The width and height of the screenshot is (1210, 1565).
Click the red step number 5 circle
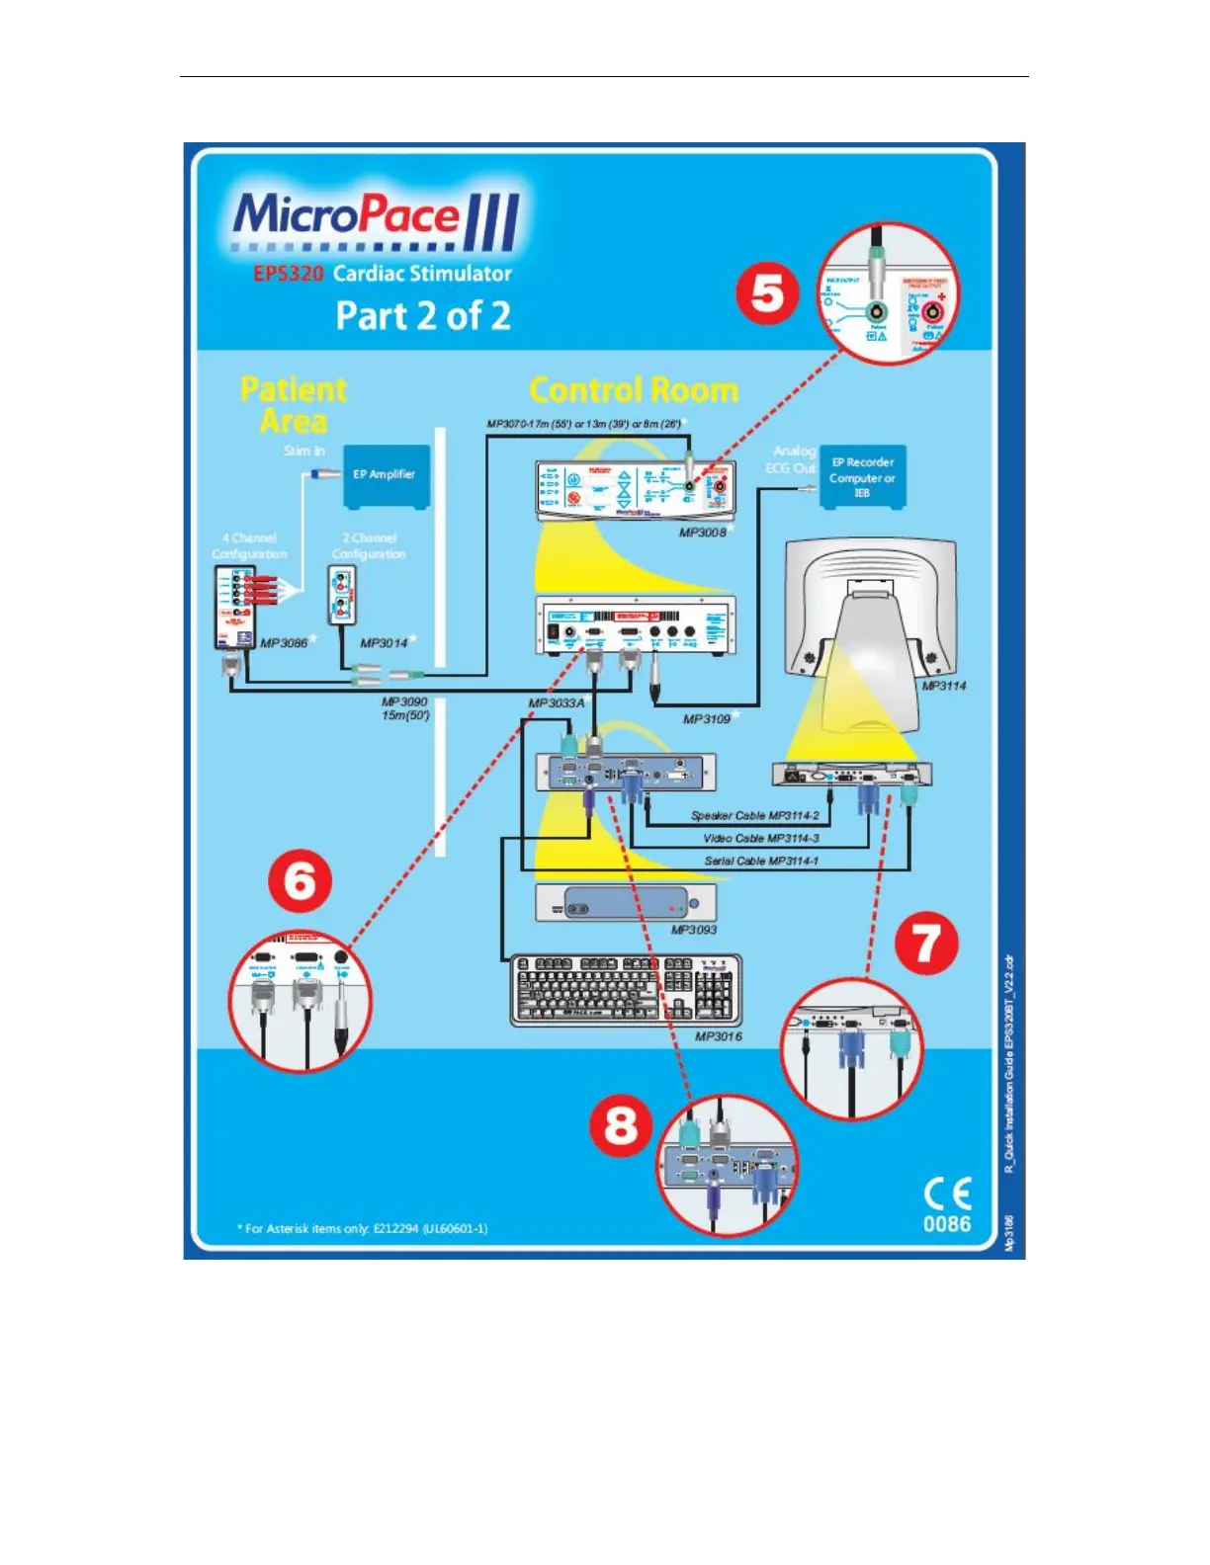click(x=767, y=294)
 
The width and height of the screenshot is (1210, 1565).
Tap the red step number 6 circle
click(x=300, y=880)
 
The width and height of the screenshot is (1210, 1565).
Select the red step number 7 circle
click(x=925, y=944)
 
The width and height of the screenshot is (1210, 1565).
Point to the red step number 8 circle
click(x=621, y=1125)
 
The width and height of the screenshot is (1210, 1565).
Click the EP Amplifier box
click(x=386, y=475)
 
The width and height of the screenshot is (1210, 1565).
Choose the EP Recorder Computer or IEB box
click(x=862, y=477)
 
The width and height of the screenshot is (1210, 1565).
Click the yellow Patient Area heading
click(x=294, y=405)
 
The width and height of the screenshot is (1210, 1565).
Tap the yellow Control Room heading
click(x=634, y=390)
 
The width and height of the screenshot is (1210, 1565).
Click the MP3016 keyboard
click(x=625, y=990)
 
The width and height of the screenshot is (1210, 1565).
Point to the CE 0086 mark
click(x=947, y=1205)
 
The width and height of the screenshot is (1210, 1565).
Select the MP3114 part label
click(x=944, y=686)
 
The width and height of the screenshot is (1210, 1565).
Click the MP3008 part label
click(x=703, y=533)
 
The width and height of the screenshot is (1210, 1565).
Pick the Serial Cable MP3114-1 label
click(x=761, y=861)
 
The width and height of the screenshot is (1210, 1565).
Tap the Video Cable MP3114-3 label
click(x=761, y=838)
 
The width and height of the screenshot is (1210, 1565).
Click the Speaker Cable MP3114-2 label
click(x=755, y=816)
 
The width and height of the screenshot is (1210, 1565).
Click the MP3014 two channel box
click(x=342, y=596)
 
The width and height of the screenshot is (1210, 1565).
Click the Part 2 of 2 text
click(x=423, y=316)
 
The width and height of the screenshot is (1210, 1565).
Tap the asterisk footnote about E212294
click(x=362, y=1228)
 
